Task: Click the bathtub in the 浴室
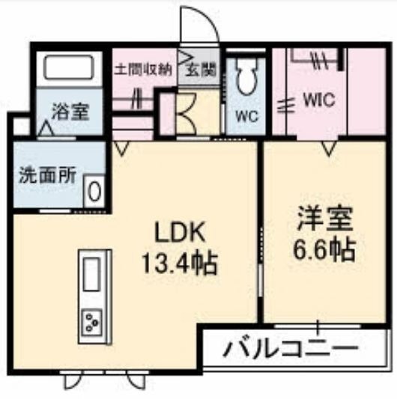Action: pos(69,67)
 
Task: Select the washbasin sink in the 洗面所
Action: pos(94,191)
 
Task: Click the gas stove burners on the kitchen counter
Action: pos(91,323)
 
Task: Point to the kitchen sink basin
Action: pos(91,274)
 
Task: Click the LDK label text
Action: pos(180,232)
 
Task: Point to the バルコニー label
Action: pos(291,347)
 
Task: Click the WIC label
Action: pos(319,100)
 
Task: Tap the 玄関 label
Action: pos(201,69)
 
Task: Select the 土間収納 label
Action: pos(144,69)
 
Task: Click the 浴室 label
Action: pos(70,112)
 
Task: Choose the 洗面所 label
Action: pos(48,176)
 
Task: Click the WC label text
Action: pos(246,117)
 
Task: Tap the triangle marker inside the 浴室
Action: pos(46,128)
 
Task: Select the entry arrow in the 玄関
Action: pos(186,58)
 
